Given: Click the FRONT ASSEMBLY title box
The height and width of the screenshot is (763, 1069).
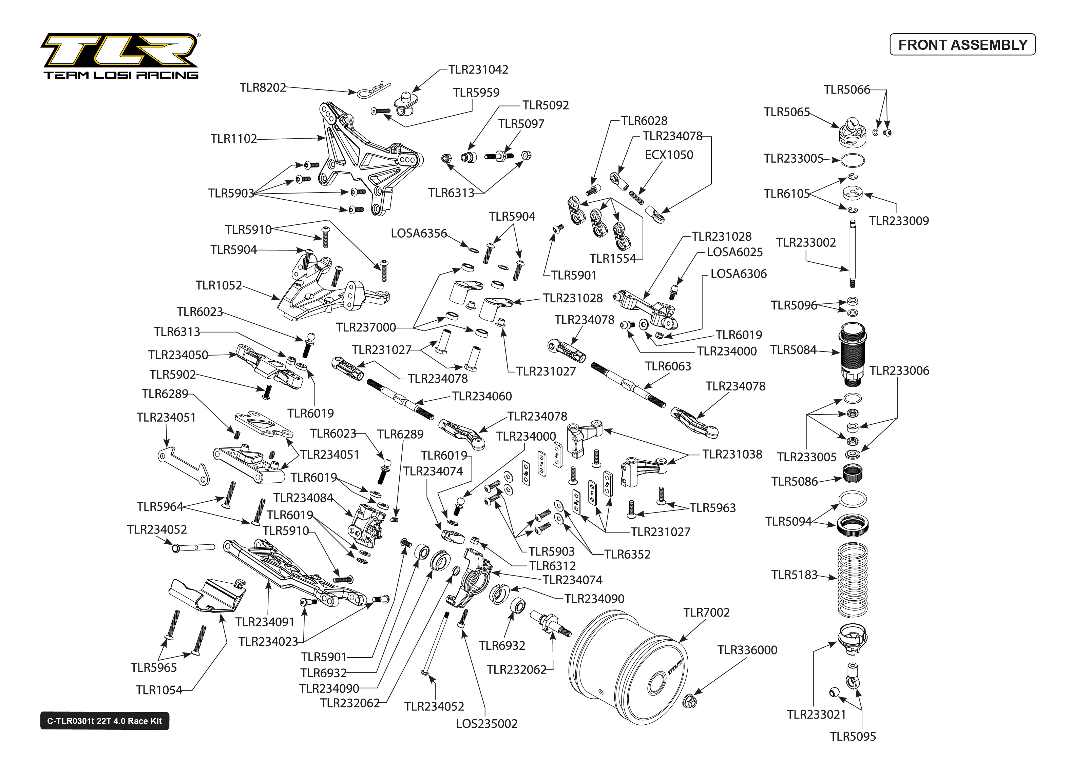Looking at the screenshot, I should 962,45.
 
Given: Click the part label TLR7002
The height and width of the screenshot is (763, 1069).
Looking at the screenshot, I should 706,613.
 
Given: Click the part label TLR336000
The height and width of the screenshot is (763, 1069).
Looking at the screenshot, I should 747,650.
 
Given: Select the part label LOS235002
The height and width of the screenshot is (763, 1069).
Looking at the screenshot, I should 486,724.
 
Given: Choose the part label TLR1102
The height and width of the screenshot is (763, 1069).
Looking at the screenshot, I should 234,139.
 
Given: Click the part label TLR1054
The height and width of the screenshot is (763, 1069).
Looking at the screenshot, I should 158,690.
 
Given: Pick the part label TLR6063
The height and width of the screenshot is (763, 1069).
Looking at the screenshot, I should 668,366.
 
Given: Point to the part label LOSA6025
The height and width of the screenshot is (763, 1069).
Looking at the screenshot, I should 734,252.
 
